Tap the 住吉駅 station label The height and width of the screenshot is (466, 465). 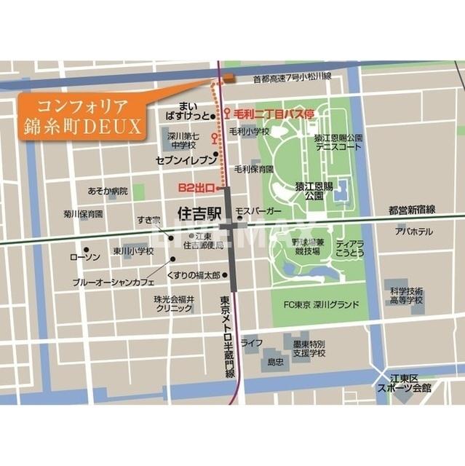[x=198, y=213]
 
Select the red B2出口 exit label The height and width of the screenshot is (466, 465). [x=196, y=188]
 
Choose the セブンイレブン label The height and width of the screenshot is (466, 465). [x=186, y=159]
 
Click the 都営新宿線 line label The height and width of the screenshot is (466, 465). [x=411, y=210]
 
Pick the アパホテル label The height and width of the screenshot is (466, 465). [x=413, y=232]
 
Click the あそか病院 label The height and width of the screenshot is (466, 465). [x=107, y=191]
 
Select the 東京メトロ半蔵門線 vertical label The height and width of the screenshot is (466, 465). [x=228, y=334]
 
